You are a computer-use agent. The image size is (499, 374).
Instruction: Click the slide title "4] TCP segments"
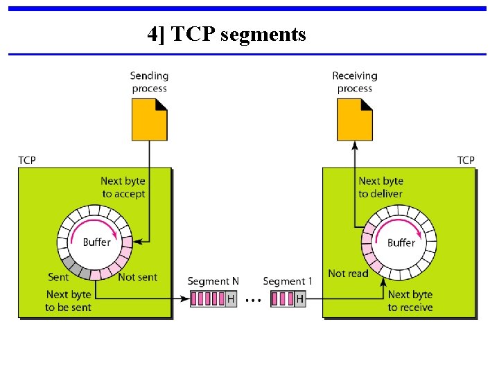click(x=227, y=33)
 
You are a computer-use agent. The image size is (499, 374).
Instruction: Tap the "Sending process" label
click(x=150, y=82)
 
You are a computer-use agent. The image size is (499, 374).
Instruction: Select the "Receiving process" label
click(x=354, y=82)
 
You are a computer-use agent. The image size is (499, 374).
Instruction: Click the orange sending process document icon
click(x=150, y=119)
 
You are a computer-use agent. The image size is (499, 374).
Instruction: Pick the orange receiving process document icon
click(x=355, y=119)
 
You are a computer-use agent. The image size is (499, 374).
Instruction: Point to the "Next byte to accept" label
click(x=123, y=188)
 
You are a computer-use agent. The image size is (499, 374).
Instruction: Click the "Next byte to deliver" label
click(x=380, y=188)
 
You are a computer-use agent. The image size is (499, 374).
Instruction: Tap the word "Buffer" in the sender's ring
click(x=97, y=242)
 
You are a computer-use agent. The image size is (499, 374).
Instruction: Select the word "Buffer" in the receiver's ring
click(x=401, y=242)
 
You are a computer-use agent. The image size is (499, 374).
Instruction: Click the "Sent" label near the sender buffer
click(x=58, y=277)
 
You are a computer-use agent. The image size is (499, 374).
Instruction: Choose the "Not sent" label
click(x=137, y=277)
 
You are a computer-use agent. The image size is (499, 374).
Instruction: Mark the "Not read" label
click(x=348, y=274)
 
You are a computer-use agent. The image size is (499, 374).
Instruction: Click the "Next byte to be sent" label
click(x=69, y=301)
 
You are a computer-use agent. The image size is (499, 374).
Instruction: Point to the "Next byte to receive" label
click(x=410, y=301)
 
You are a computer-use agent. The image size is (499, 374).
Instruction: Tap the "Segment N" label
click(x=213, y=281)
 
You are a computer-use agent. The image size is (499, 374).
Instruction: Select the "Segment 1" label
click(x=288, y=281)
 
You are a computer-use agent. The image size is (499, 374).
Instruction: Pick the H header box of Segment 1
click(x=300, y=299)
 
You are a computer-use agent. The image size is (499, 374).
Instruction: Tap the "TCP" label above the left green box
click(x=27, y=161)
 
